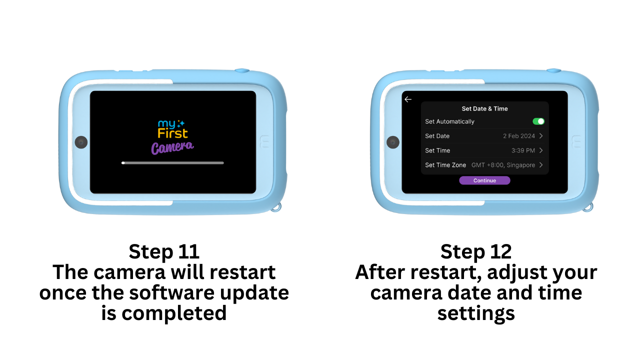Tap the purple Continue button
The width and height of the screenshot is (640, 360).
click(x=484, y=180)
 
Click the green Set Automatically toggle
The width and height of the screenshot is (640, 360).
click(x=538, y=121)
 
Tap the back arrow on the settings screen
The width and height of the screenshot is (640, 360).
click(x=408, y=99)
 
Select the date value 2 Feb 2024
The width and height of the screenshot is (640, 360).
click(x=519, y=136)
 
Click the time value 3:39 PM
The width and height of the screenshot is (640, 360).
click(x=523, y=150)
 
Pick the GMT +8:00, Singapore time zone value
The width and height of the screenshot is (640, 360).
click(x=503, y=165)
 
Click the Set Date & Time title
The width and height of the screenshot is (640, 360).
click(x=484, y=108)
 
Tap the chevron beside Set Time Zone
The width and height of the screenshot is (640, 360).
click(x=541, y=165)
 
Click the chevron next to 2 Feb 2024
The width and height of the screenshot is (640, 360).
click(x=541, y=135)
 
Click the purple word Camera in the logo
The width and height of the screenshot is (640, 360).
click(x=172, y=147)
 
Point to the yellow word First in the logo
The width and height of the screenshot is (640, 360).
click(x=172, y=133)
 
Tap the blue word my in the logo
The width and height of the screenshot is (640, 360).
click(x=166, y=123)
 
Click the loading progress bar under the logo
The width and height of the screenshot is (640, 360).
click(x=172, y=163)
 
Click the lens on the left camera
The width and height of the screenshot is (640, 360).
click(x=81, y=142)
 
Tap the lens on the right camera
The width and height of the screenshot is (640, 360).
click(x=393, y=142)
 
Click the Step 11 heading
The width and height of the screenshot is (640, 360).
click(x=164, y=251)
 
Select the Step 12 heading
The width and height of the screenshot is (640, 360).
click(x=476, y=251)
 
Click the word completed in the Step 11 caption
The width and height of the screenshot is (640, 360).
click(x=174, y=313)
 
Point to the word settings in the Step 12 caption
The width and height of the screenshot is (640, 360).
click(x=476, y=313)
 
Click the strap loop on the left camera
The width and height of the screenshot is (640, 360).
click(x=276, y=207)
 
